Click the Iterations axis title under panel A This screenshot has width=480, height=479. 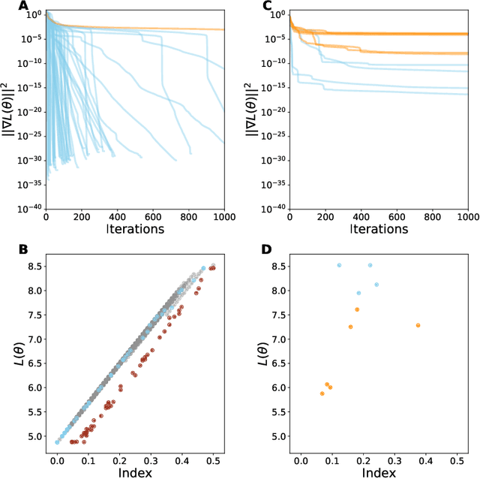[x=134, y=228]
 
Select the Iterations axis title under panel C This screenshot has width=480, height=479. [x=378, y=228]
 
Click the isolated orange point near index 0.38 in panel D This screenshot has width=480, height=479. [x=418, y=325]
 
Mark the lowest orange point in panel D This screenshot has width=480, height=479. [x=322, y=393]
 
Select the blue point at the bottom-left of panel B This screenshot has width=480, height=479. [x=57, y=442]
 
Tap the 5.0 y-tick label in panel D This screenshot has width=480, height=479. [x=277, y=436]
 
